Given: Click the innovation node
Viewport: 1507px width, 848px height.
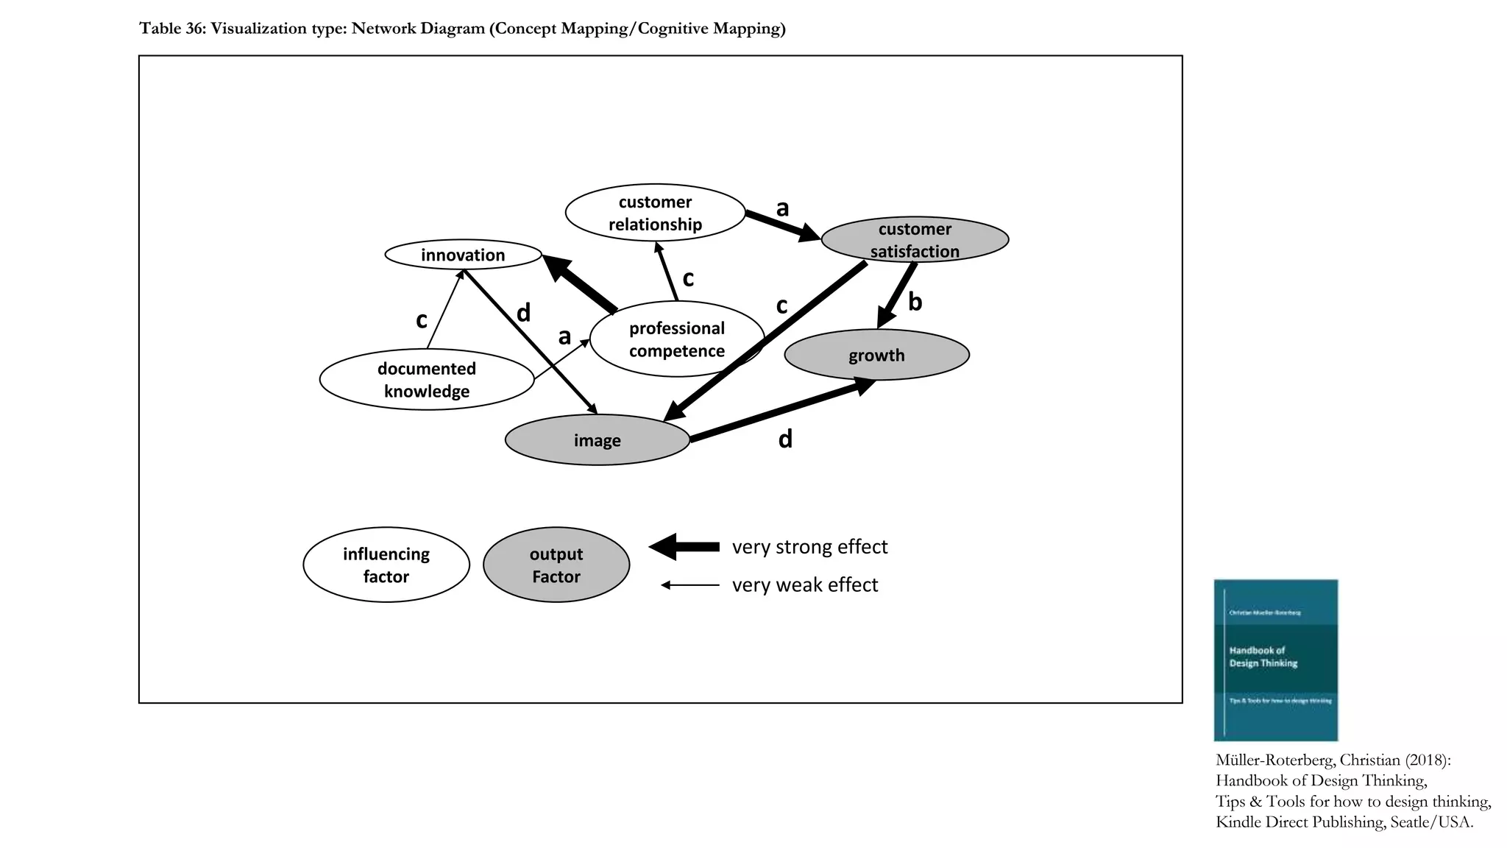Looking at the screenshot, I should [x=463, y=255].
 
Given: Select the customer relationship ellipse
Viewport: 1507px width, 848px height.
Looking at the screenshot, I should [x=655, y=213].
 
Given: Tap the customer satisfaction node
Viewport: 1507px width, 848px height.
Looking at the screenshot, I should [x=915, y=240].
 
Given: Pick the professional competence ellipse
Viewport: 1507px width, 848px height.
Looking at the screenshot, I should [x=676, y=339].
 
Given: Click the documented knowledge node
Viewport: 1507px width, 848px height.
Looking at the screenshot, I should [x=427, y=379].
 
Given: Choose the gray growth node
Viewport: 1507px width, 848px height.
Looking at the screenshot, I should [x=876, y=355].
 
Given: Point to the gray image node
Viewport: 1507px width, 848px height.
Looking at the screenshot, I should [x=597, y=440].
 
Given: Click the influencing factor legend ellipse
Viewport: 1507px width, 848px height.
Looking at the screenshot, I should [x=386, y=565].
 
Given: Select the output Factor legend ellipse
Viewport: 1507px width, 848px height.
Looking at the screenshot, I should [x=556, y=565].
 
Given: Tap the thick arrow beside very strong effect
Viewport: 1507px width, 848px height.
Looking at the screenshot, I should [x=684, y=546].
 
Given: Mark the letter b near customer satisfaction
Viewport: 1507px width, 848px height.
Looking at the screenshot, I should [x=915, y=302].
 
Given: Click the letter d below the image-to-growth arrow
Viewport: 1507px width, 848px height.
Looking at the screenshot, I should [x=785, y=439].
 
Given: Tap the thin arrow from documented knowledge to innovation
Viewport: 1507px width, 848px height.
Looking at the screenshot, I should [x=444, y=310].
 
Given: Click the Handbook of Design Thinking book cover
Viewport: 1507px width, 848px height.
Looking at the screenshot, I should [x=1275, y=660].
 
